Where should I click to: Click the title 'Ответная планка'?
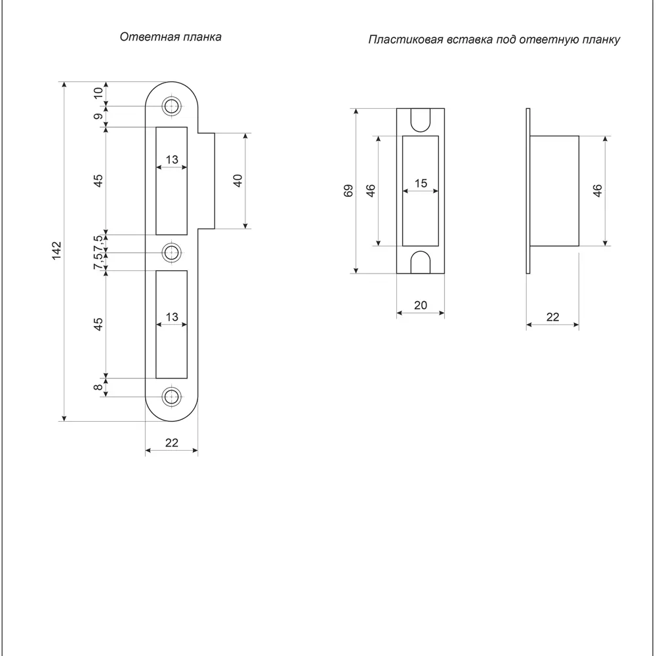click(x=171, y=37)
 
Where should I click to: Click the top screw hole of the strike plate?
click(x=173, y=106)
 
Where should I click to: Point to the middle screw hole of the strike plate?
click(x=173, y=252)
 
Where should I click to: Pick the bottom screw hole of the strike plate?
click(x=173, y=396)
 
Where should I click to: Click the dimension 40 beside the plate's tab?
click(x=238, y=180)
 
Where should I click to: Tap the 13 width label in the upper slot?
click(x=172, y=159)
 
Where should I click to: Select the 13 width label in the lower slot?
click(x=172, y=317)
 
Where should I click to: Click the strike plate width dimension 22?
click(x=172, y=443)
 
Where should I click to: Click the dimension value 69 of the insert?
click(x=348, y=190)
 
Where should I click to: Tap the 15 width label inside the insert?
click(x=420, y=184)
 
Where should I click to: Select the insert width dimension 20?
click(x=420, y=305)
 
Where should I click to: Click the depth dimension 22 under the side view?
click(x=553, y=317)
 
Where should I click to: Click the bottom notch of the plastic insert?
click(x=420, y=262)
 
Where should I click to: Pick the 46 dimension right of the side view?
click(x=597, y=191)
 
